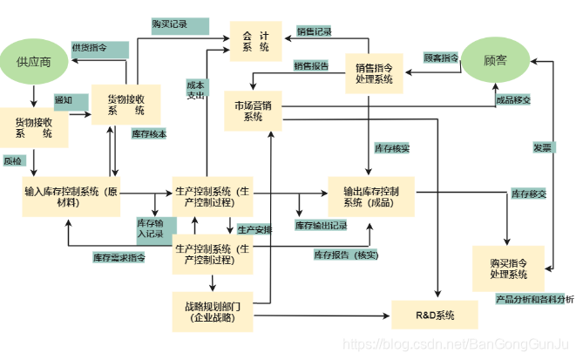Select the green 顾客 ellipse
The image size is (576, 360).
point(495,61)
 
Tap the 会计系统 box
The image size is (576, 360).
point(255,41)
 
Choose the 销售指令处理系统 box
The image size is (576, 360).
point(374,72)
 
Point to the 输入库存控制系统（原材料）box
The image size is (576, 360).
point(71,196)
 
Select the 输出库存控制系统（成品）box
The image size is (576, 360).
point(369,196)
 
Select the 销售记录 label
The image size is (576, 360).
point(314,31)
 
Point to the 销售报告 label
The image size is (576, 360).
point(311,65)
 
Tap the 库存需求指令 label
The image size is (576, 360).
point(119,257)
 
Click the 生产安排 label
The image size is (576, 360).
point(254,229)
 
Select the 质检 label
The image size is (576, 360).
point(13,161)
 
